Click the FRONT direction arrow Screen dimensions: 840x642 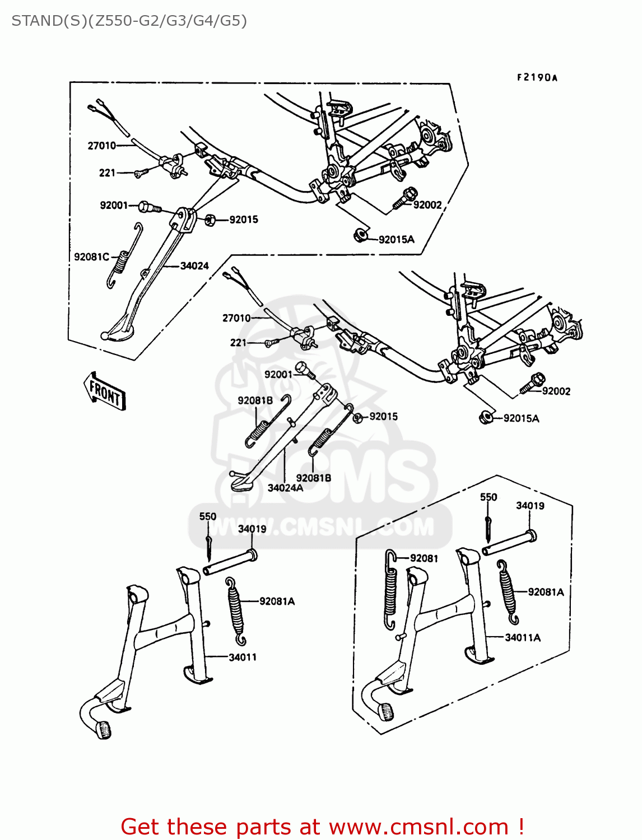pos(105,390)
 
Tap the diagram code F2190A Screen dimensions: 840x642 pos(537,78)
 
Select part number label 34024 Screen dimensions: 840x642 pos(194,266)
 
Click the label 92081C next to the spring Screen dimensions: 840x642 pos(91,257)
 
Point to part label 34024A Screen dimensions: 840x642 pos(285,488)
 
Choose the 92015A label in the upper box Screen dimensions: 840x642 pos(397,240)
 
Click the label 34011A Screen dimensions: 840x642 pos(523,637)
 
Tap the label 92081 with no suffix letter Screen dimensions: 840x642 pos(424,558)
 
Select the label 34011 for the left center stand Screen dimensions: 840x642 pos(243,657)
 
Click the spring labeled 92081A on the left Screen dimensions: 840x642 pos(236,611)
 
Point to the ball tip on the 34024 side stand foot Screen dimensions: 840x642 pos(104,336)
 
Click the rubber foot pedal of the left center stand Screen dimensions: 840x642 pos(104,730)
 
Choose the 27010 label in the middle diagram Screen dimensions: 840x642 pos(236,318)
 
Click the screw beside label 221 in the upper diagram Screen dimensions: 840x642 pos(141,174)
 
